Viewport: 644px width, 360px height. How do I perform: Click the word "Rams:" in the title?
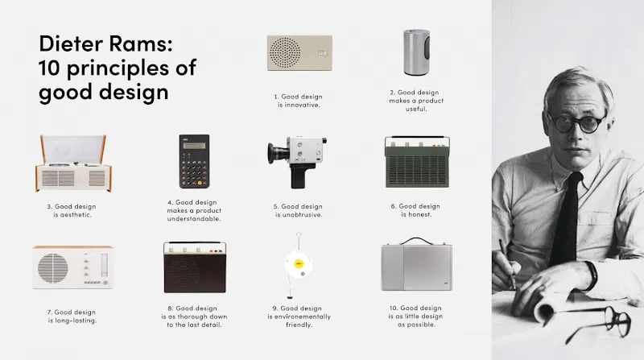140,43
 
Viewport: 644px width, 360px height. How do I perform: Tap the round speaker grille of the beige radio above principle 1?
285,52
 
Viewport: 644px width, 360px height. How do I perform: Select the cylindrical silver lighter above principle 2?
416,52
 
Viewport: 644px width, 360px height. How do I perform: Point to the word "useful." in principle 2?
416,109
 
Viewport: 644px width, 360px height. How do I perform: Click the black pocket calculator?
194,161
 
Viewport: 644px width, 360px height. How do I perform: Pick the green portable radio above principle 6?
417,163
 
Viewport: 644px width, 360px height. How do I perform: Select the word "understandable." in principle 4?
194,218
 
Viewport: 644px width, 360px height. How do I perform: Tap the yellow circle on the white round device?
299,263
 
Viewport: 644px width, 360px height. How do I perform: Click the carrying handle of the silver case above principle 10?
417,240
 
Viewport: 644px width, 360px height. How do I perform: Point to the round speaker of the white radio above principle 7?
53,268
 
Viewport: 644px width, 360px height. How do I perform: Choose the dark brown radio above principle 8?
195,267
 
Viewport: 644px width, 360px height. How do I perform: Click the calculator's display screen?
194,146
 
